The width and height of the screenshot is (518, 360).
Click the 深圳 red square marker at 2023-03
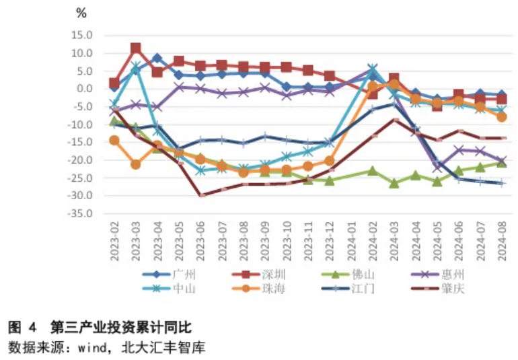[x=135, y=48]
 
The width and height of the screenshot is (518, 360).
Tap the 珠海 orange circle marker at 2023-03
[x=135, y=164]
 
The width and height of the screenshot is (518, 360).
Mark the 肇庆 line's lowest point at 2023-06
[x=200, y=195]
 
